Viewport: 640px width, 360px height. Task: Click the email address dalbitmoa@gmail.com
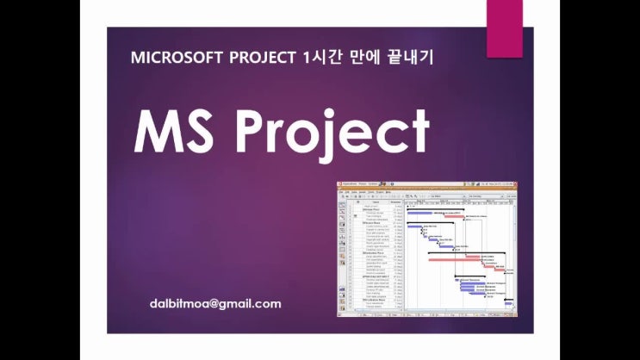(214, 304)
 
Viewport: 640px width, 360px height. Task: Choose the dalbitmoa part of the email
(178, 304)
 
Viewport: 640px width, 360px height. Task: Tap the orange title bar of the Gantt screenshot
(427, 186)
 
